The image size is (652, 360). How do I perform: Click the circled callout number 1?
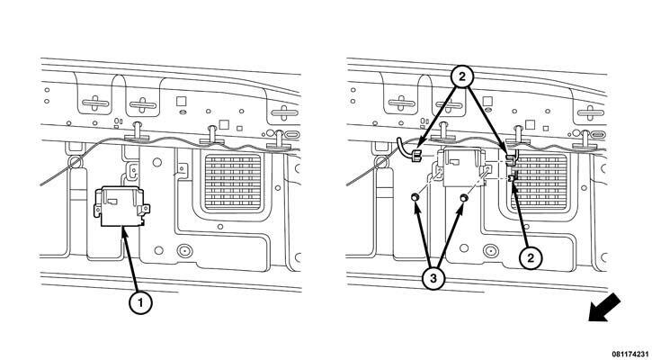(x=140, y=303)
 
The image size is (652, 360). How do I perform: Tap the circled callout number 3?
(x=433, y=278)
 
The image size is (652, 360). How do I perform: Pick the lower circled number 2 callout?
(x=531, y=258)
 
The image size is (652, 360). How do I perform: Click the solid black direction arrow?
(x=604, y=308)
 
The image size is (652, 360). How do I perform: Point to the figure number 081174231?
(x=631, y=355)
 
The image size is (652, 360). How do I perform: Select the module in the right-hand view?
(x=464, y=166)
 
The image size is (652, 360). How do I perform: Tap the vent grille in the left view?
(x=233, y=182)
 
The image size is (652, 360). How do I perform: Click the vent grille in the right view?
(x=540, y=182)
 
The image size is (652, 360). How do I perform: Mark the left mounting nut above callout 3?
(x=415, y=197)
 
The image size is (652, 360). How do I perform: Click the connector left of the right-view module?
(x=415, y=157)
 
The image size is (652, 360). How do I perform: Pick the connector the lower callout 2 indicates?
(x=513, y=177)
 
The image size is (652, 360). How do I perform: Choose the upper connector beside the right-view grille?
(x=512, y=157)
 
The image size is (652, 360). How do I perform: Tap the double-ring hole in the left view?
(x=184, y=250)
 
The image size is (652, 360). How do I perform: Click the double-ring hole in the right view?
(x=491, y=250)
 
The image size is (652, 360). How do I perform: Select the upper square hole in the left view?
(x=181, y=101)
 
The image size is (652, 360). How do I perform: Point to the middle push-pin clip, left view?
(x=212, y=135)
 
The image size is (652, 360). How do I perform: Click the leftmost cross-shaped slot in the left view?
(x=95, y=103)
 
